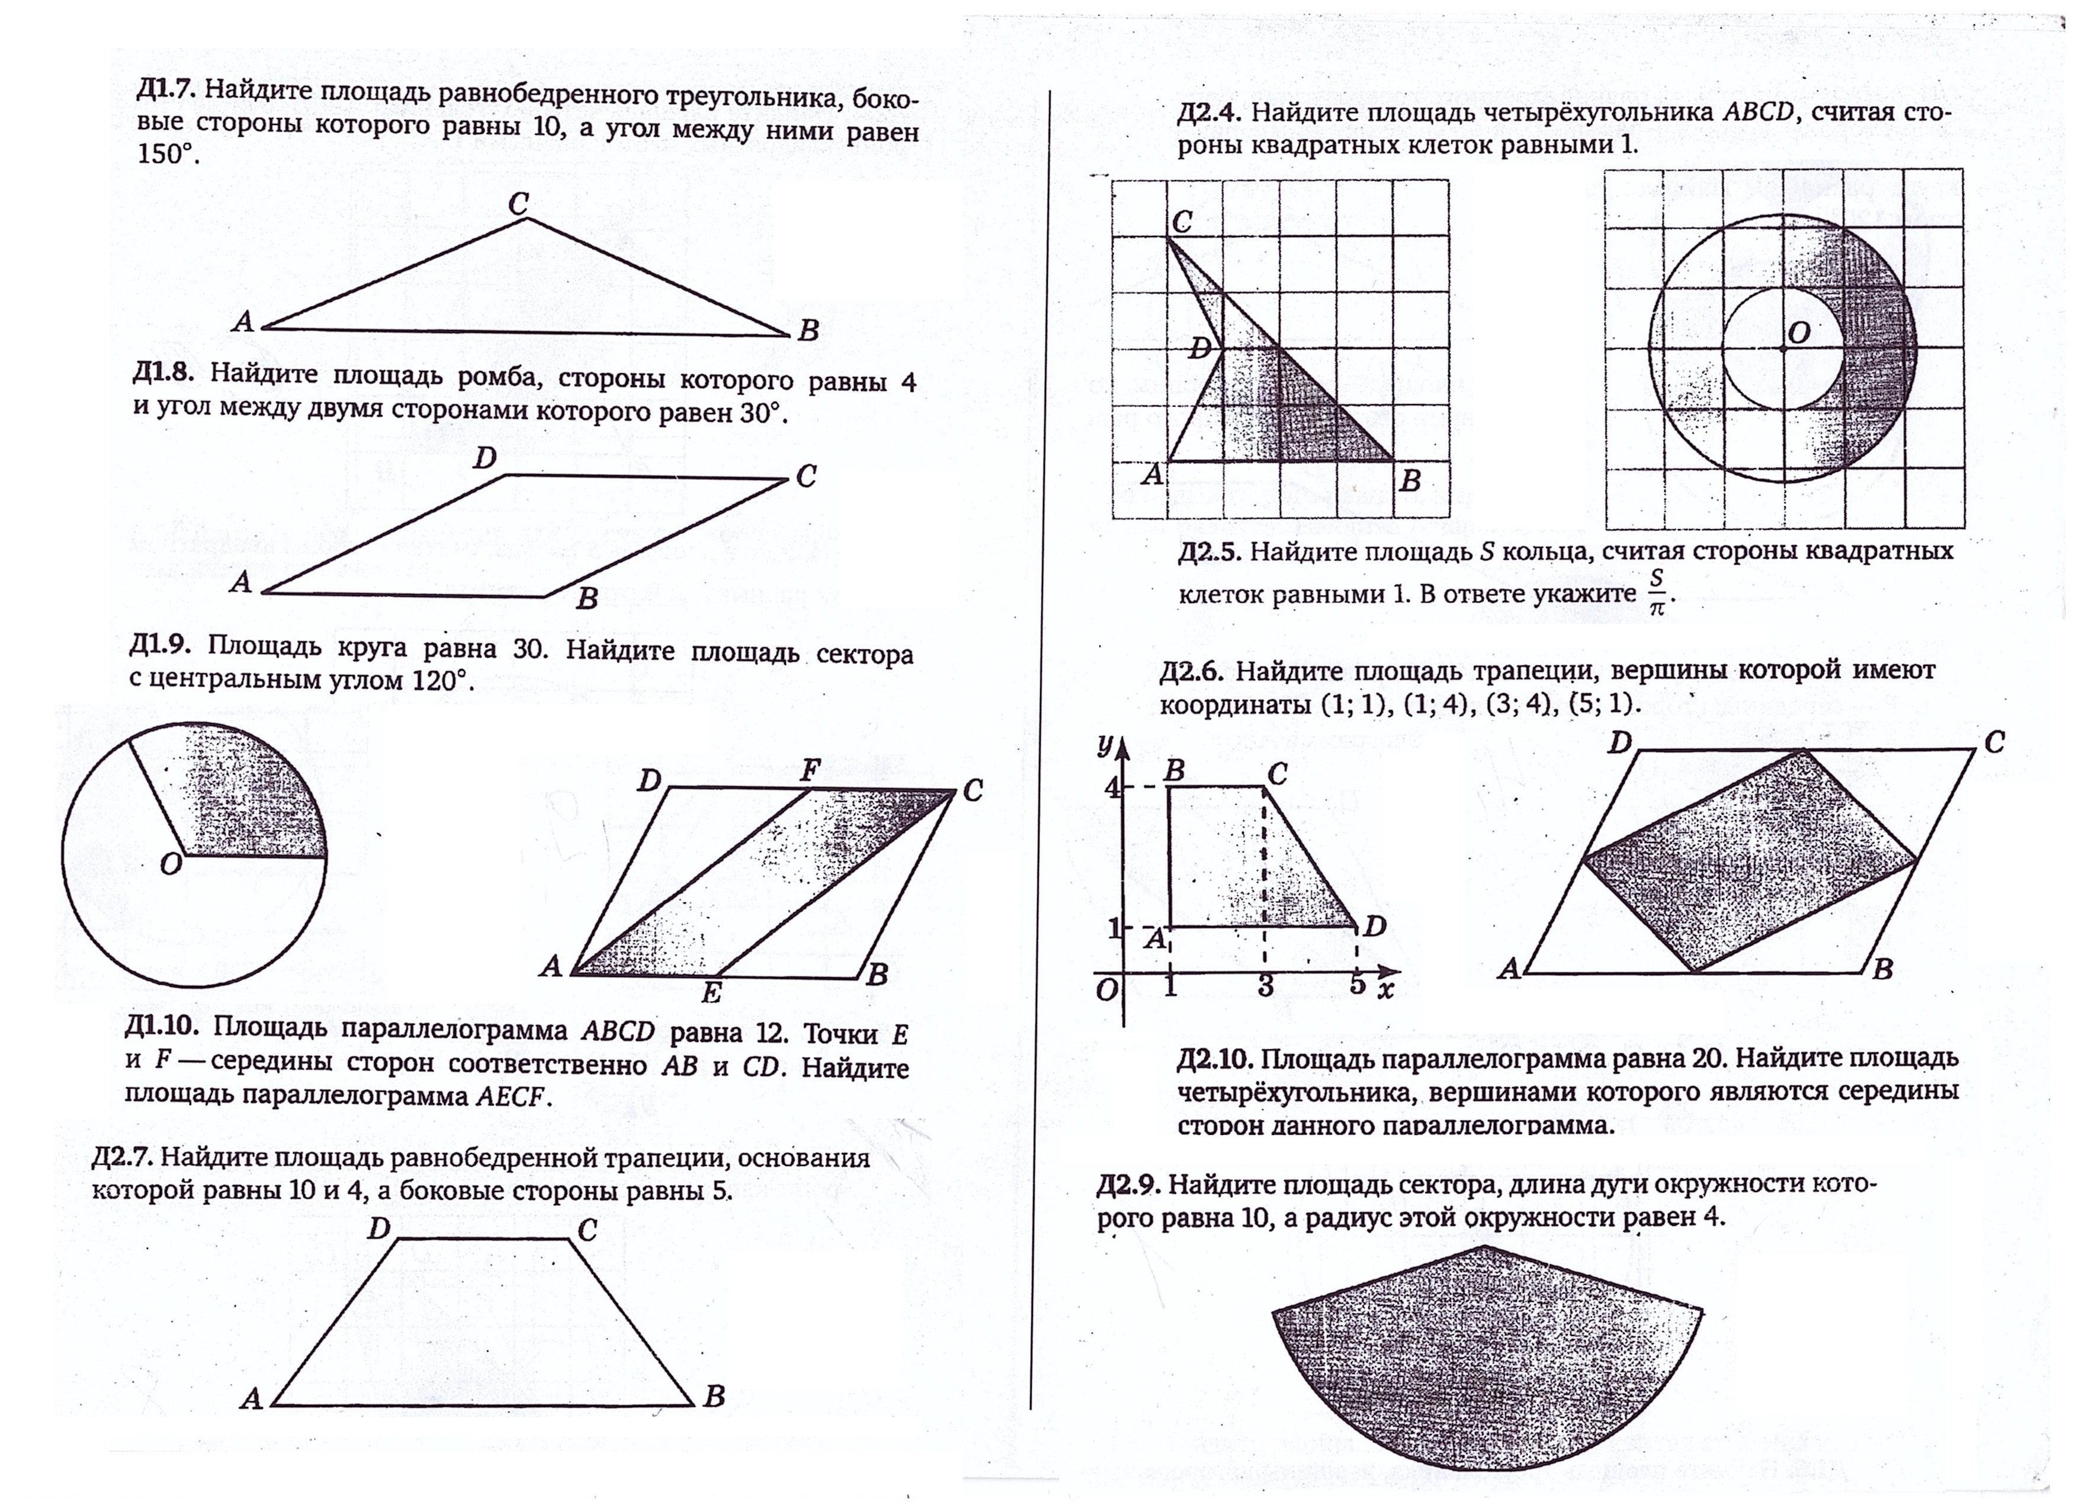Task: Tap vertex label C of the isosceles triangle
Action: tap(519, 204)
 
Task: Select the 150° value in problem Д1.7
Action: tap(168, 154)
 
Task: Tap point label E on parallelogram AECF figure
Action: tap(711, 993)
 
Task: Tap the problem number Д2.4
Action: tap(1209, 114)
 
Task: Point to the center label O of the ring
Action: tap(1798, 333)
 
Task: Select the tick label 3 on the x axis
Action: tap(1265, 986)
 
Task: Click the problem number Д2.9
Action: tap(1128, 1185)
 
